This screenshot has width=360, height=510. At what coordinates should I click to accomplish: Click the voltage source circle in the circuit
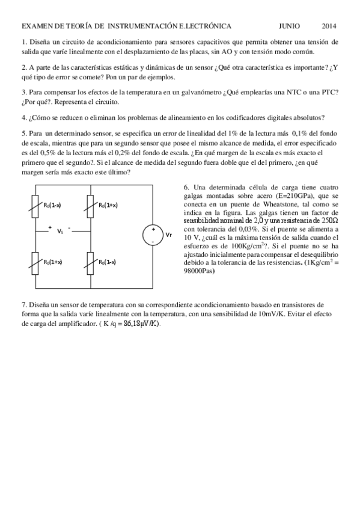[x=153, y=235]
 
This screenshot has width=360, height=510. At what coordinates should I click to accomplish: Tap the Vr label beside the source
[x=169, y=235]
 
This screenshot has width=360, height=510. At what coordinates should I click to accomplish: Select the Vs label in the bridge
[x=59, y=231]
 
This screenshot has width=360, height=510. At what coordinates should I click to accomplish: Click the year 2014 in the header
[x=329, y=26]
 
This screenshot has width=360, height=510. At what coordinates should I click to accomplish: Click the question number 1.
[x=23, y=41]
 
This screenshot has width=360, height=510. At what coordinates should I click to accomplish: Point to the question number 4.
[x=23, y=117]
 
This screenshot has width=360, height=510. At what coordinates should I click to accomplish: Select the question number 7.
[x=23, y=305]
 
